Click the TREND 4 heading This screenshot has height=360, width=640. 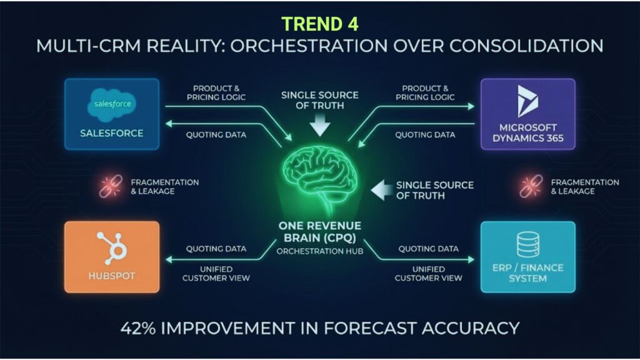(x=320, y=24)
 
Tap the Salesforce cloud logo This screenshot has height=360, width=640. (x=112, y=105)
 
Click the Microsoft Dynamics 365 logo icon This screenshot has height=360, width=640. (x=527, y=101)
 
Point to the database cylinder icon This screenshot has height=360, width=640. (x=528, y=244)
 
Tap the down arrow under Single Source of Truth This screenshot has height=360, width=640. (x=320, y=125)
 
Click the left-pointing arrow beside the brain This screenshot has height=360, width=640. (x=381, y=190)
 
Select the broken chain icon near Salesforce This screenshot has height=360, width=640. (x=111, y=186)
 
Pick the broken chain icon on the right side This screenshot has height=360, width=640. (x=531, y=186)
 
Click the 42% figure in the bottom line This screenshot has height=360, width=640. (x=138, y=328)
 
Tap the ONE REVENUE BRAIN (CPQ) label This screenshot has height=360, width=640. (x=320, y=231)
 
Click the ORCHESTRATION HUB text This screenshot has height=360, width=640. (x=320, y=251)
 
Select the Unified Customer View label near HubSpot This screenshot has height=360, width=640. (x=216, y=274)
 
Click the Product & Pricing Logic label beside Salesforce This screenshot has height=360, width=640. (x=216, y=92)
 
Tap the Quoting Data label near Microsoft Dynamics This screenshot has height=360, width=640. (x=425, y=135)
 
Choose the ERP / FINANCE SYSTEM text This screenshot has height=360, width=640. (x=527, y=273)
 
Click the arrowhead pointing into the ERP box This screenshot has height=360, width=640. (x=471, y=259)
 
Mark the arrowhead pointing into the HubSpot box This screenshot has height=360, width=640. (x=169, y=259)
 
